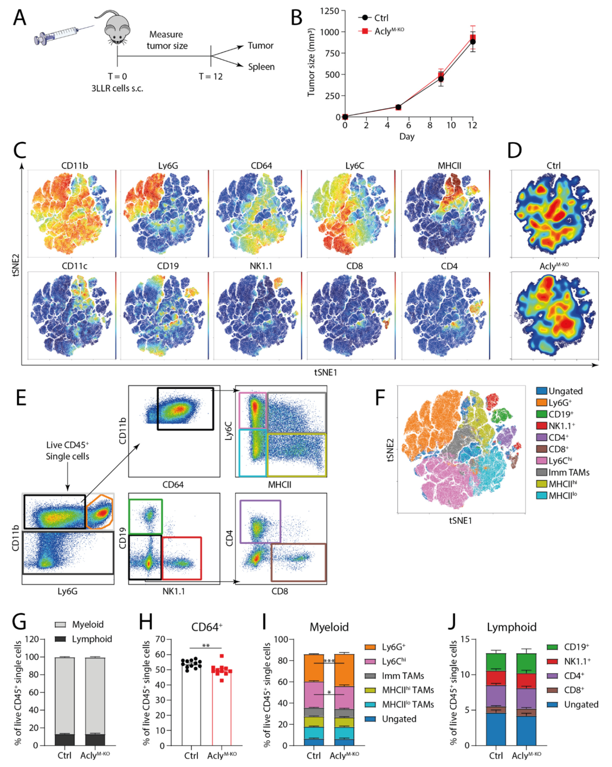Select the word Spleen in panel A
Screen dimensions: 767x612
coord(261,67)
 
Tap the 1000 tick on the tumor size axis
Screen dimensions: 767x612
coord(329,32)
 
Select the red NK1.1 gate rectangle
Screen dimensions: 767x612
coord(182,558)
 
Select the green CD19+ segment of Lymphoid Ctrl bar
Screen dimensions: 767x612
coord(496,662)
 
